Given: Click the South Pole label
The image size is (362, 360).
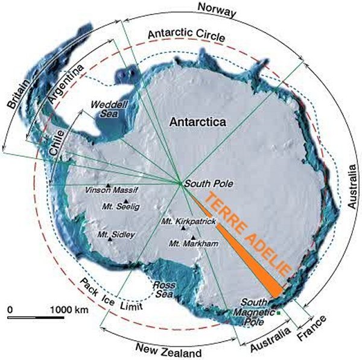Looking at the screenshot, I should (x=205, y=183).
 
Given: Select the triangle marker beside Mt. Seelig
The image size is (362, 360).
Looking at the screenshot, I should (x=125, y=201).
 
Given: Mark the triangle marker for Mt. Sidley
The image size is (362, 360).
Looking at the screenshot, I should (x=110, y=239).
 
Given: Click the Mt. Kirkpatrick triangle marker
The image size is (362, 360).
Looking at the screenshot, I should (x=183, y=228).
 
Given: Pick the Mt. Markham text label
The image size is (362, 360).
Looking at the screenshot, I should (x=189, y=243).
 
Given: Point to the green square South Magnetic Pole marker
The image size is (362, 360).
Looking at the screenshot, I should (x=279, y=312).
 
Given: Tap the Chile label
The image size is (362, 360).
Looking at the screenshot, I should (x=58, y=145).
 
